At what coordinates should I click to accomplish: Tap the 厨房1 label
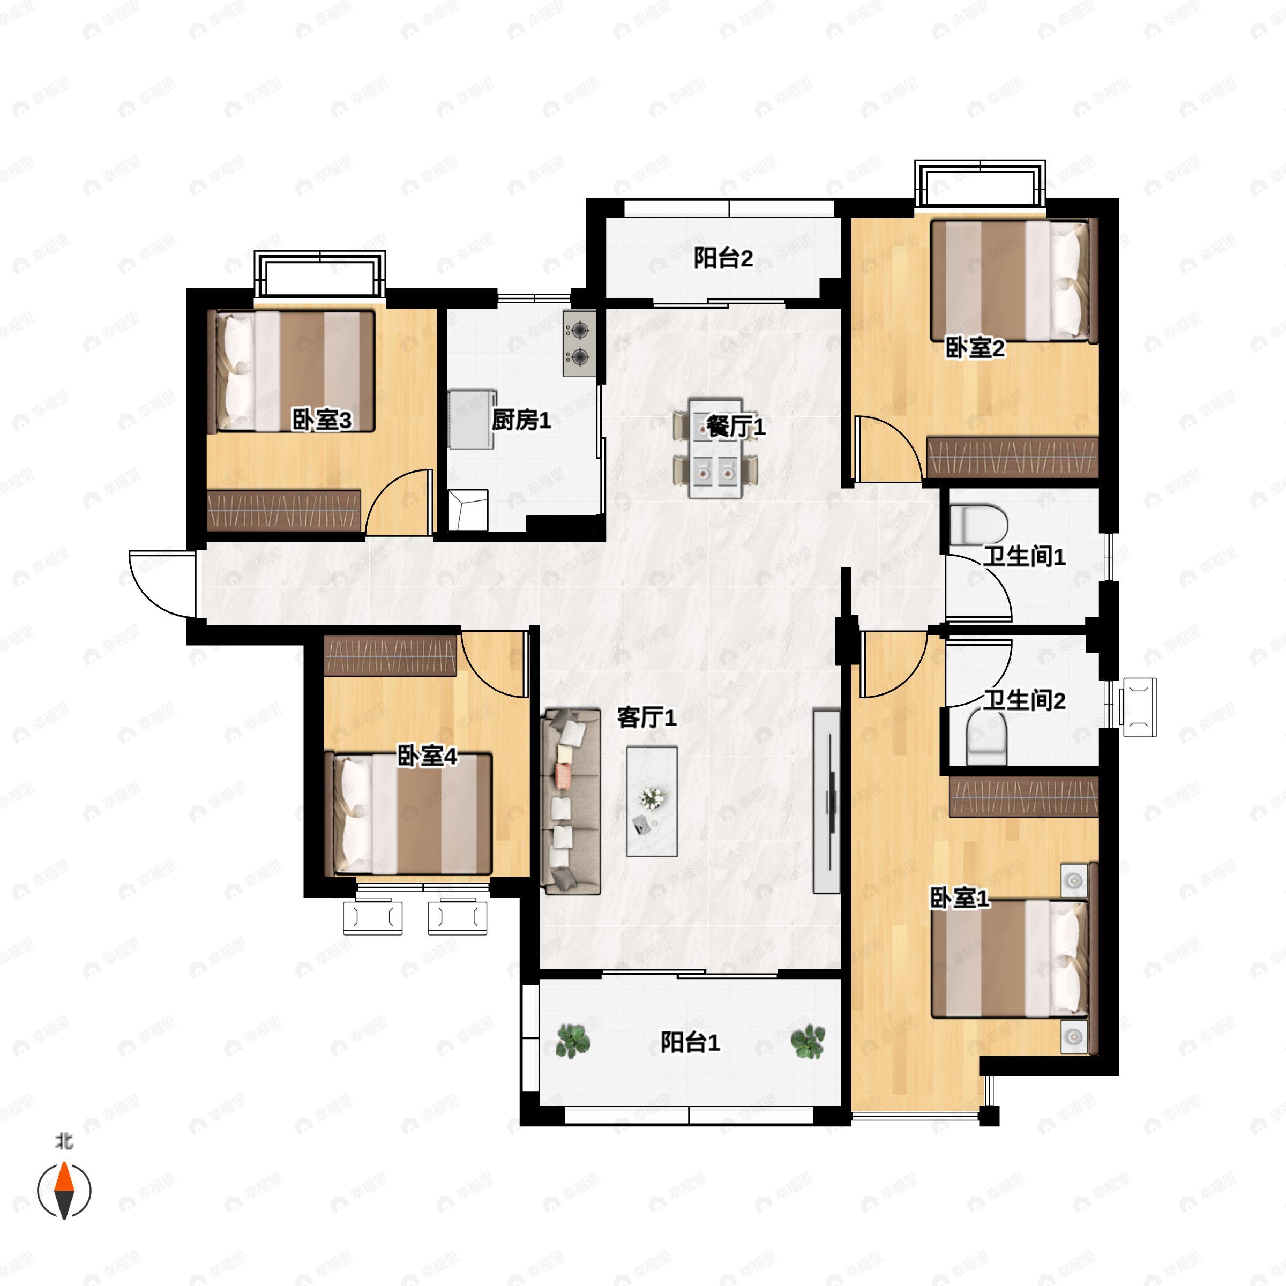coord(521,420)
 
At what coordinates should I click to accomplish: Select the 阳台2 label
coord(723,258)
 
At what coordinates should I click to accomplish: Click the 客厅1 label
coord(646,717)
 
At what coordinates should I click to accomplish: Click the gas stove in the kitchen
coord(579,343)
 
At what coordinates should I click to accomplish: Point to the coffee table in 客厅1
coord(652,802)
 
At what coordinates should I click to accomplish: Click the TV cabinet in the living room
coord(827,802)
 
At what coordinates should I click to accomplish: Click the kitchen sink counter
coord(472,420)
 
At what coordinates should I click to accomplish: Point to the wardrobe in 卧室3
coord(283,511)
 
